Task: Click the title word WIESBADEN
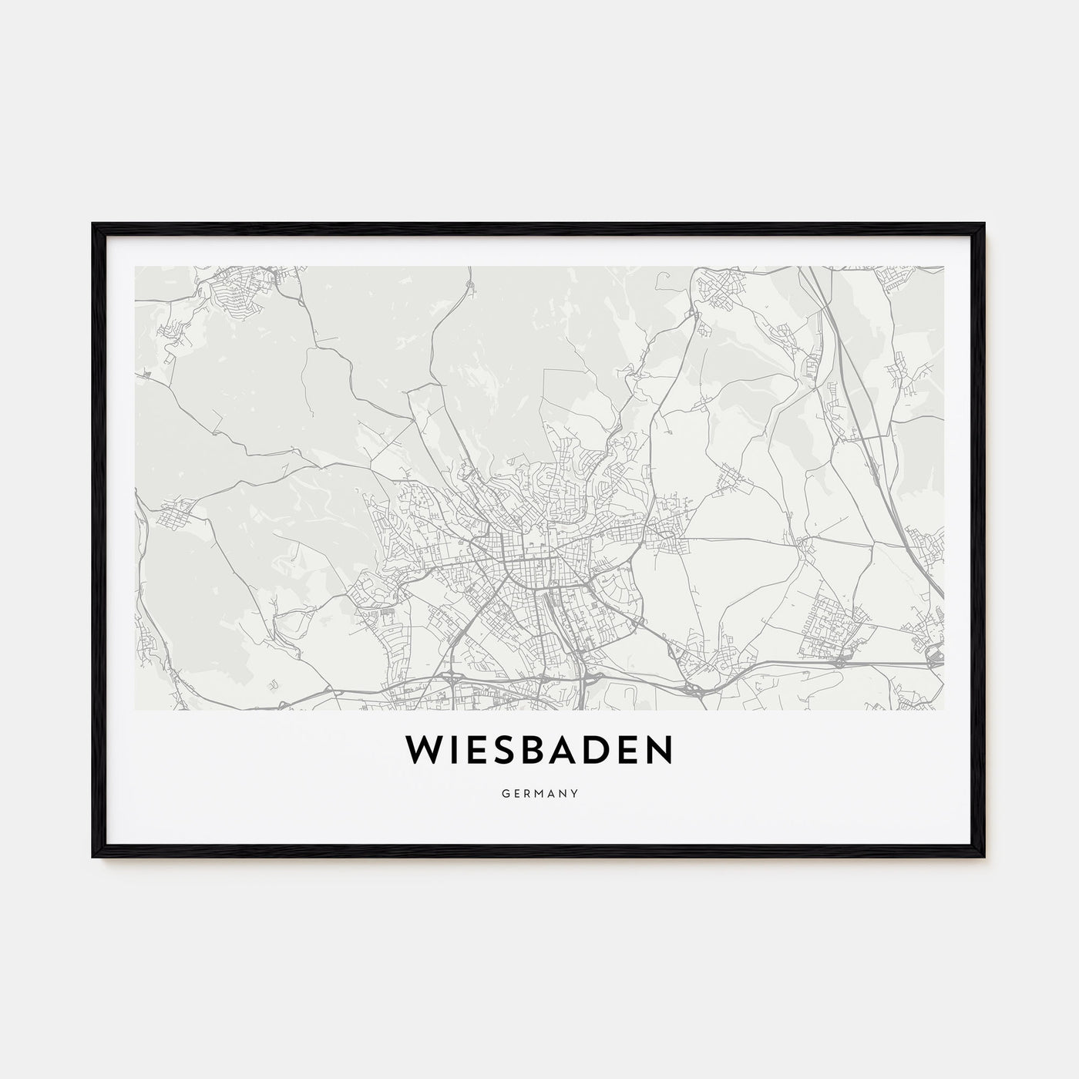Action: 539,750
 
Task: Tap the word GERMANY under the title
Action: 539,792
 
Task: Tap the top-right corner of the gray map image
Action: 943,267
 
